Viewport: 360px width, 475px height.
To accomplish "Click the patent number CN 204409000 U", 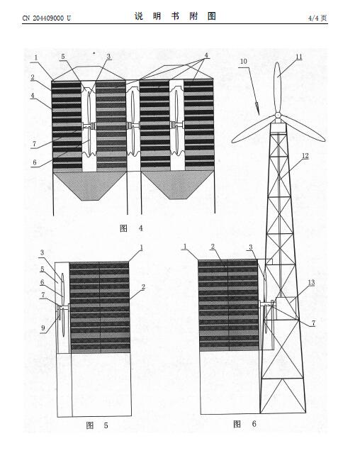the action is pos(46,18).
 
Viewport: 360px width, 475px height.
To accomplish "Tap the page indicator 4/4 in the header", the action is pos(314,18).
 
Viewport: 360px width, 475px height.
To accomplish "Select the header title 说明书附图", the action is pos(175,16).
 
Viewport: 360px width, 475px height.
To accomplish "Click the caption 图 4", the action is pos(131,228).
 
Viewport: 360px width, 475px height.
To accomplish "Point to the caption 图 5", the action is pos(97,425).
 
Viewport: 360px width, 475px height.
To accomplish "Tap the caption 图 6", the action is pos(244,424).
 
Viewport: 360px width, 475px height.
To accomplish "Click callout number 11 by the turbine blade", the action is pos(299,57).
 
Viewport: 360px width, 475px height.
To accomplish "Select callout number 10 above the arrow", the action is pos(244,62).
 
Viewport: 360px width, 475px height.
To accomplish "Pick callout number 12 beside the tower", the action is pos(305,156).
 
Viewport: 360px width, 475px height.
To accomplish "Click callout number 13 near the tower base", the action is pos(311,283).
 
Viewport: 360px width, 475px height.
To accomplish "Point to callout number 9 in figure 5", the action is pos(43,328).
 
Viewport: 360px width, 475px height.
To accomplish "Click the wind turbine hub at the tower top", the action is pos(278,116).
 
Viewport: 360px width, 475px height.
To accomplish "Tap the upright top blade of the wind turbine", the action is pos(277,87).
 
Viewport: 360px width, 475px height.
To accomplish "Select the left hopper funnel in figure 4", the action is pos(90,184).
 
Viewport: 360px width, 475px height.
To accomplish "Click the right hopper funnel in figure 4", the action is pos(178,184).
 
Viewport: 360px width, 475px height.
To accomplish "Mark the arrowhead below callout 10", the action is pos(257,109).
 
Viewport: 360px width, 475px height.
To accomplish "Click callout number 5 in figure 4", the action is pos(63,57).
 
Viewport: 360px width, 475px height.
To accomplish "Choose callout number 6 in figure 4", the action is pos(35,162).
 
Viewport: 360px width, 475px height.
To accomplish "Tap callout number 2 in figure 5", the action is pos(143,286).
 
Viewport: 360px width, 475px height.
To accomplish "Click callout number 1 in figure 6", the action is pos(185,247).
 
